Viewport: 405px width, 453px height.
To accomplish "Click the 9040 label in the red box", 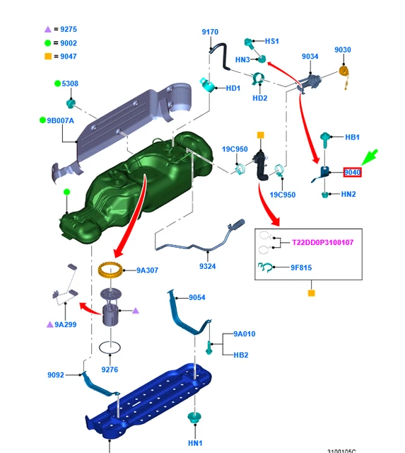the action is (x=352, y=173).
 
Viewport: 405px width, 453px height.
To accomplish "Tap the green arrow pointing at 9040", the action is (x=370, y=157).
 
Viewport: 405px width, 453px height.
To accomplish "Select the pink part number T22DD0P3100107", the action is (x=322, y=242).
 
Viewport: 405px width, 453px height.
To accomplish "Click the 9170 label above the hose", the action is (x=210, y=32).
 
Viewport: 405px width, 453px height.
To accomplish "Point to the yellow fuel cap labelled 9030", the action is (x=344, y=71).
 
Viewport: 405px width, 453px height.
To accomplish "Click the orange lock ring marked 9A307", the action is (x=110, y=270).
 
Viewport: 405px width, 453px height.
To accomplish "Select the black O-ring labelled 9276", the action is (x=110, y=348).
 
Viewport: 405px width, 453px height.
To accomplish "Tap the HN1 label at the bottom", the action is (x=195, y=443).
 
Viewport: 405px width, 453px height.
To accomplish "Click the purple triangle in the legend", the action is (x=48, y=29).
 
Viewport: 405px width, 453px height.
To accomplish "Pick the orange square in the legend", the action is (x=48, y=57).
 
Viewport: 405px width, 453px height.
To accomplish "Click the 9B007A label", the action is (x=60, y=120).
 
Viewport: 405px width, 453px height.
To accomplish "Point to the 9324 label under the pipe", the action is (x=207, y=266).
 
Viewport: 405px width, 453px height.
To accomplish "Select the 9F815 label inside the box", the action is (x=301, y=268).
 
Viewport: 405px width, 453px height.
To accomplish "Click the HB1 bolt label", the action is (x=352, y=137).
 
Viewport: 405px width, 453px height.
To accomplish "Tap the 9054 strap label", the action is (x=197, y=297).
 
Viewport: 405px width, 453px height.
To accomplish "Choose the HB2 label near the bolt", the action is (x=241, y=355).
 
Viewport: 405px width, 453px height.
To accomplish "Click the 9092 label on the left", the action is (x=56, y=375).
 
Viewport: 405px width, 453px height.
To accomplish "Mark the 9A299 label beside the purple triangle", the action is (x=66, y=325).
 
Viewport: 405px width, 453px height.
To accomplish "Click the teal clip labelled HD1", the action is (x=207, y=84).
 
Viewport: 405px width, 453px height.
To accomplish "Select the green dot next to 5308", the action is (x=57, y=84).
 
